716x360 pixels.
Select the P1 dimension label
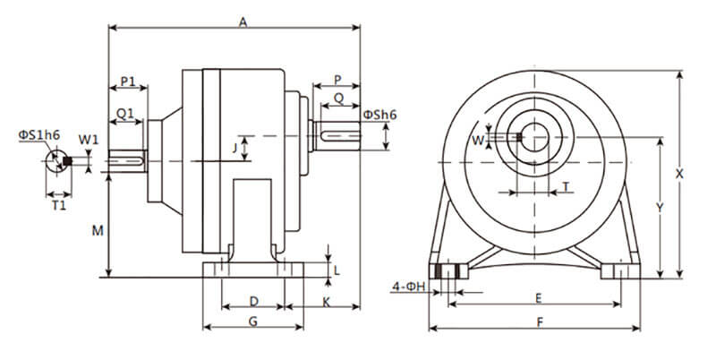point(128,81)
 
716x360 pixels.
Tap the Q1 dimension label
point(125,113)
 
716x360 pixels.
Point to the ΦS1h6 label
point(38,135)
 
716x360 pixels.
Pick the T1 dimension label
point(59,205)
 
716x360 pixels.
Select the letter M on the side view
point(98,230)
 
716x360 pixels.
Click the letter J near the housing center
point(234,146)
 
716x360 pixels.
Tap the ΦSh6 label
point(380,114)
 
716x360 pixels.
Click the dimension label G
point(253,320)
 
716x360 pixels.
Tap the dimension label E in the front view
point(536,296)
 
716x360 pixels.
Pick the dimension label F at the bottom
point(535,320)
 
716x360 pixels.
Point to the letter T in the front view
point(566,186)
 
